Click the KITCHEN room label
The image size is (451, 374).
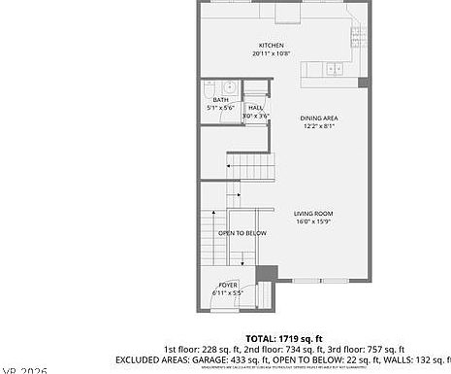tap(270, 46)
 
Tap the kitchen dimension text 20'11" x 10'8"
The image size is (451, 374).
tap(270, 53)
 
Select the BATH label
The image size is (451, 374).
tap(221, 99)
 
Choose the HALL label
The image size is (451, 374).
tap(254, 108)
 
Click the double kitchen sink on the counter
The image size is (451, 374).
tap(334, 68)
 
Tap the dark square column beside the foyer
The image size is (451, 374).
tap(268, 273)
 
